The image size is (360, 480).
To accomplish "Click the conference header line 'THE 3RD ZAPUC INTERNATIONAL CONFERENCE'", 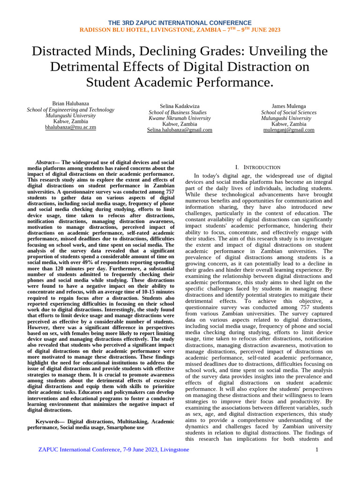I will (x=180, y=23).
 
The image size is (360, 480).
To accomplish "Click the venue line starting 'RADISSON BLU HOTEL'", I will (x=180, y=30).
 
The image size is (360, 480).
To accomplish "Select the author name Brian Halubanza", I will (x=70, y=103).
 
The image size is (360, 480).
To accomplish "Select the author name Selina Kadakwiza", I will (x=180, y=106).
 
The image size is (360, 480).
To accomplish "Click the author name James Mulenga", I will (x=289, y=106).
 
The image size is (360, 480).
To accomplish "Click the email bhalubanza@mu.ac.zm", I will (x=70, y=127).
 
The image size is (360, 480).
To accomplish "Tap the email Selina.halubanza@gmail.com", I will (x=180, y=130).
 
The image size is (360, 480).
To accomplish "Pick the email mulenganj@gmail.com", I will (x=289, y=130).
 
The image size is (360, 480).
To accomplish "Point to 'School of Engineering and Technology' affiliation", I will (x=70, y=110).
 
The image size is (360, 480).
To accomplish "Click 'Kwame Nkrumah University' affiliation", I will (x=180, y=119).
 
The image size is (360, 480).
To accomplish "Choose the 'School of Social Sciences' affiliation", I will (x=289, y=112).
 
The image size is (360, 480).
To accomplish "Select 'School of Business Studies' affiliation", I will (x=178, y=112).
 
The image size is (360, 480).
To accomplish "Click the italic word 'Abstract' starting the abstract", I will (x=46, y=162).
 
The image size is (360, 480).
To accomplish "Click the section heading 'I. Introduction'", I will (x=258, y=167).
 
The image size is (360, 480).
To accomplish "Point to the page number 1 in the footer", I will (x=317, y=450).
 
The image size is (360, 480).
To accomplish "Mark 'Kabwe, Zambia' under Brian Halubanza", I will (x=70, y=121).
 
